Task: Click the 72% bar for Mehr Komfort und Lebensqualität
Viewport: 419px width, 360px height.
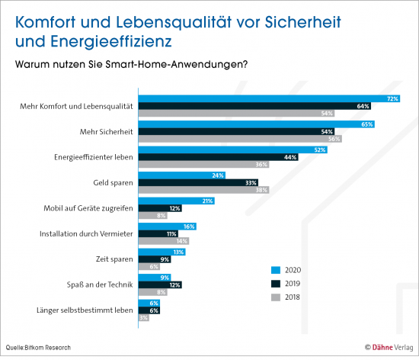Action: click(x=267, y=98)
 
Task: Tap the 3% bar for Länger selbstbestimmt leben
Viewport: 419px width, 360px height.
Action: click(x=142, y=317)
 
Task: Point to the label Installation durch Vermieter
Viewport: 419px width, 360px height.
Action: click(x=87, y=233)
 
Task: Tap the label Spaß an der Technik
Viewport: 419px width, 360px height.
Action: click(x=99, y=284)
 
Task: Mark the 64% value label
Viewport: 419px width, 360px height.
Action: click(x=363, y=105)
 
